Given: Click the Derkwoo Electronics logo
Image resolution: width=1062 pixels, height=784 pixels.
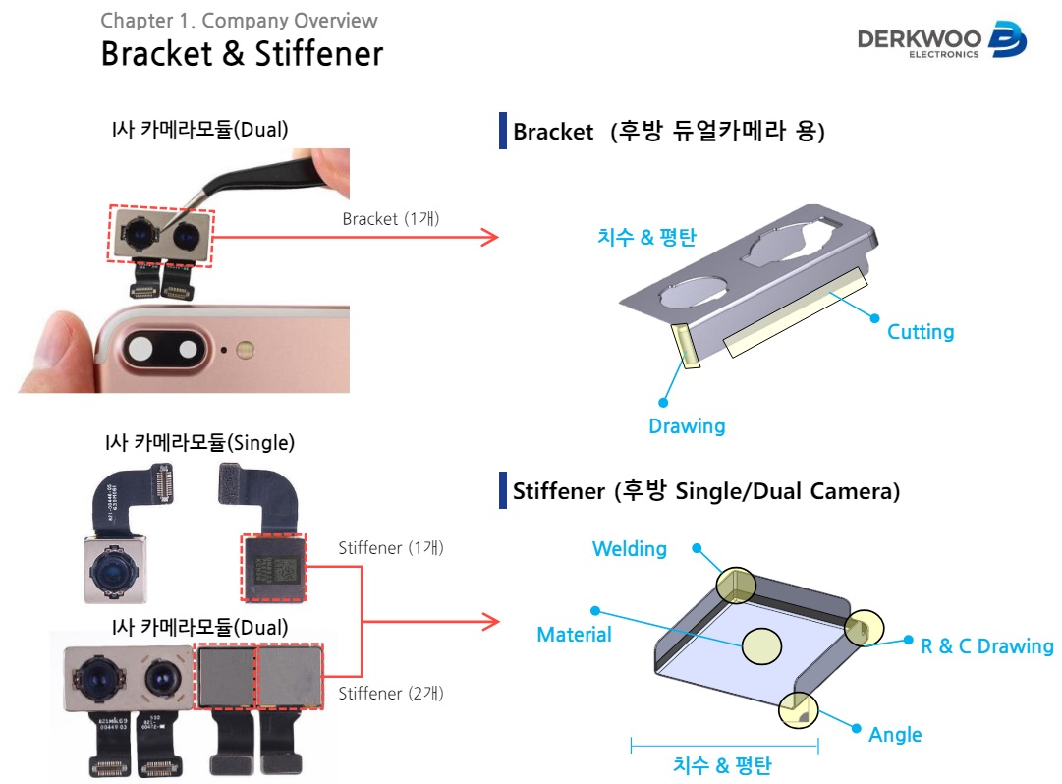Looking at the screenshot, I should [x=941, y=40].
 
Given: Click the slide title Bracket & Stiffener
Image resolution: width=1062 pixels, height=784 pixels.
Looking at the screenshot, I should [x=242, y=53].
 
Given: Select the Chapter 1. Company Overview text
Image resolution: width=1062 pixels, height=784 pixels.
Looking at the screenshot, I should [x=239, y=21].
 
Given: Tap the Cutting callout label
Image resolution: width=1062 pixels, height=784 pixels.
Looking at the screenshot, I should [x=921, y=332].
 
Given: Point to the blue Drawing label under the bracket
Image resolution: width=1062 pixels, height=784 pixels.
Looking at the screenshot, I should [x=687, y=426].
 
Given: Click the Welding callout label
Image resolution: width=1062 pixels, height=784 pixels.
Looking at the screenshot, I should [x=630, y=549].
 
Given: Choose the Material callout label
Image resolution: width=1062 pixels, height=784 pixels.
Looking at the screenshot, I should [x=574, y=635].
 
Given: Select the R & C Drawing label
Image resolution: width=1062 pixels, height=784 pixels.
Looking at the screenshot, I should [x=986, y=646].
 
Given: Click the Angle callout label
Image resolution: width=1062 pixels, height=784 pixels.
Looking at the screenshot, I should [x=895, y=735].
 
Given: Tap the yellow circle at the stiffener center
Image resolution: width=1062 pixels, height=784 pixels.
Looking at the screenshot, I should [x=761, y=645].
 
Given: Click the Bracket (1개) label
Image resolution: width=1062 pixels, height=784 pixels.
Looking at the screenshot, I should [x=391, y=219].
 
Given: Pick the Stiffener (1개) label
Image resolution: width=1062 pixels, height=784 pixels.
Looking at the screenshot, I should [x=391, y=548].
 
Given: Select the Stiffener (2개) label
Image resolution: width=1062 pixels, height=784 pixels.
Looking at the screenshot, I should [x=391, y=694].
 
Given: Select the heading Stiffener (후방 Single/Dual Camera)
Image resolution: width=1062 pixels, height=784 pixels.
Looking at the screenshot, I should [x=706, y=491].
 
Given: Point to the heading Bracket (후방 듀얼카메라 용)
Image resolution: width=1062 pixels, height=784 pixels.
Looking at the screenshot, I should [x=668, y=132].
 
